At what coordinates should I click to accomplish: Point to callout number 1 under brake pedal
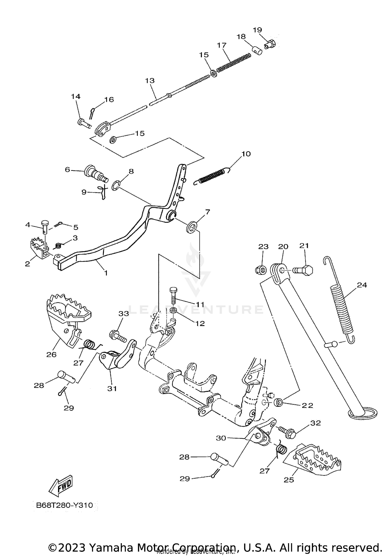tap(106, 273)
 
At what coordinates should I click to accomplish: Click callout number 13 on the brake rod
tap(150, 81)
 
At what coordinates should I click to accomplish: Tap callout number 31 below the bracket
tap(112, 389)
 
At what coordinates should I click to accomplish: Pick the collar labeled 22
tap(278, 402)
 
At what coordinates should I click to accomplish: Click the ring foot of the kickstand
tap(363, 414)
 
